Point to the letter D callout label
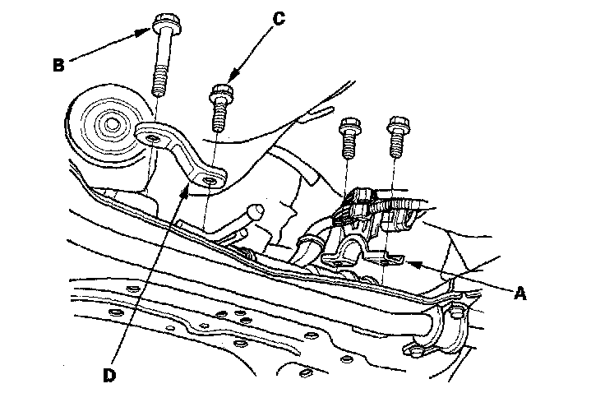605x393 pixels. point(109,375)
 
